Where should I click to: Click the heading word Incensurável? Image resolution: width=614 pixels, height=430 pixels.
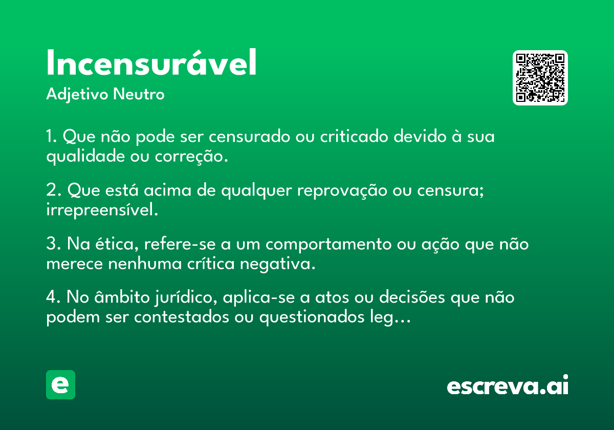(x=151, y=62)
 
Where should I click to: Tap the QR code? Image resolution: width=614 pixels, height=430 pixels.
(x=540, y=78)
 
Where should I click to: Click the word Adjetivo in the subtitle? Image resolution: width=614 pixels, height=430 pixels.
(x=77, y=95)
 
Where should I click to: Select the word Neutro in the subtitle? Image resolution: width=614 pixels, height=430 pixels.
(x=139, y=94)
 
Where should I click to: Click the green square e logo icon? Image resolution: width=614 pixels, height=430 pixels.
(x=60, y=384)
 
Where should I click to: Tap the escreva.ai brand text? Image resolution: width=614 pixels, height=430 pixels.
(x=508, y=384)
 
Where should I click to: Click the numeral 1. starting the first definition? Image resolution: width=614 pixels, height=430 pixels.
(x=52, y=136)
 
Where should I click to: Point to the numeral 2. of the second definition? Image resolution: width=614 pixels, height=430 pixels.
(x=54, y=190)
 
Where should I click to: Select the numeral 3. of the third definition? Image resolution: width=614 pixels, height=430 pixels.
(x=54, y=244)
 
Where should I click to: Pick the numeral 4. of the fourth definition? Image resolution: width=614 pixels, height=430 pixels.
(x=53, y=297)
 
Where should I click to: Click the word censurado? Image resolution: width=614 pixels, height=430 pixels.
(x=250, y=136)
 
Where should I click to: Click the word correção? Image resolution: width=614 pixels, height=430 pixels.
(x=191, y=157)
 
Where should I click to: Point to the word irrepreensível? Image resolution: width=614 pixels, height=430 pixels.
(x=102, y=210)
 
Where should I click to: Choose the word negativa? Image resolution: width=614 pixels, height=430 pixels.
(x=278, y=264)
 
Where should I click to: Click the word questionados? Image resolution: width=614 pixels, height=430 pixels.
(x=312, y=317)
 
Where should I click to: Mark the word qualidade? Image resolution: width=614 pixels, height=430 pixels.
(x=85, y=157)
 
